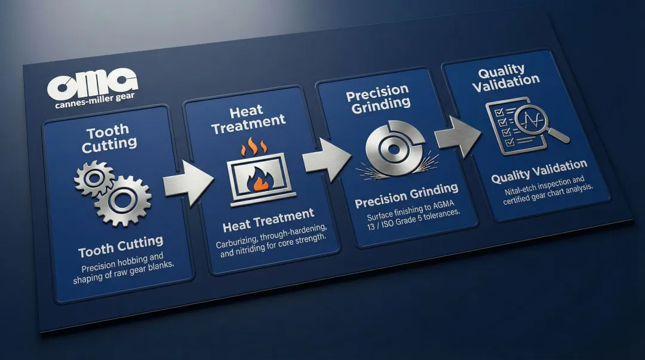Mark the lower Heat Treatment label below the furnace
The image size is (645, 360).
tap(268, 220)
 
